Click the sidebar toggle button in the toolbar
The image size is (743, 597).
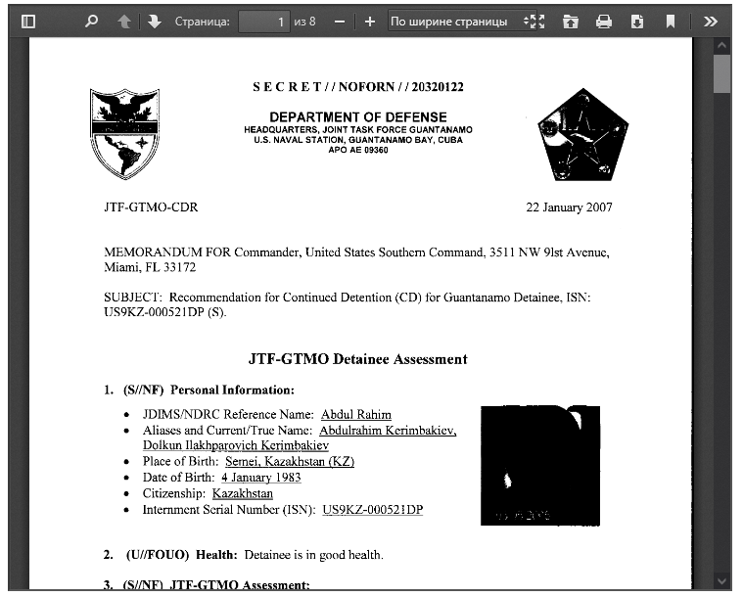coord(27,21)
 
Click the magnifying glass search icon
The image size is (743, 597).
coord(91,21)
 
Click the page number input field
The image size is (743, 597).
coord(263,21)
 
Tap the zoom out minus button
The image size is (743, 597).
coord(339,21)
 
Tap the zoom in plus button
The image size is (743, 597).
coord(369,21)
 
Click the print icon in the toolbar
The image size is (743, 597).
coord(604,21)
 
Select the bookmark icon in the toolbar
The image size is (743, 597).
coord(670,21)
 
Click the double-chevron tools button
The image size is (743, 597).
coord(711,21)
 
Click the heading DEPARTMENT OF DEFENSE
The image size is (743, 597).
coord(357,117)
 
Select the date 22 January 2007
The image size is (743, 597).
coord(569,207)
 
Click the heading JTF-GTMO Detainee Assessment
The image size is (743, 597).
coord(357,359)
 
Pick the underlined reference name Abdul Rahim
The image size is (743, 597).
coord(353,415)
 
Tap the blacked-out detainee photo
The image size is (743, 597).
coord(539,465)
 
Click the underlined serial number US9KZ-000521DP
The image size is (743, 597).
coord(372,510)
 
